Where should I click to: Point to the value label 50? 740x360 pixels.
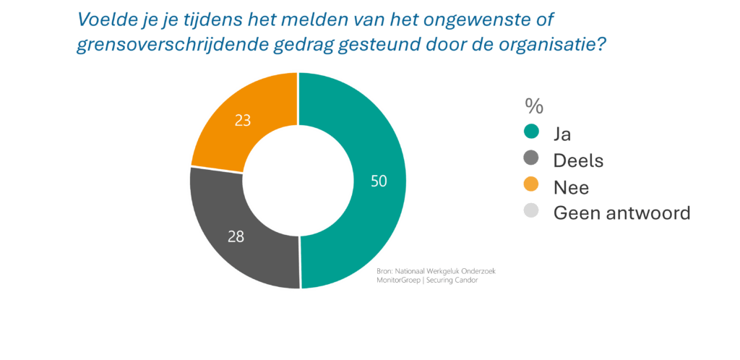point(378,181)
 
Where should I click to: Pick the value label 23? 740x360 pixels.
point(243,120)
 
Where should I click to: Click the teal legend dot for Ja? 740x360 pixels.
point(531,132)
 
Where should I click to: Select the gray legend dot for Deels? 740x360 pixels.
point(531,159)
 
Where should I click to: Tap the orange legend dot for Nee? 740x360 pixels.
point(531,186)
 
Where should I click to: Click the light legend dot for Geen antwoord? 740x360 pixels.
point(531,213)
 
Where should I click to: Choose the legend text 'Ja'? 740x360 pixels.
point(562,133)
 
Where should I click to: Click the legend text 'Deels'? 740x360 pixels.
point(578,160)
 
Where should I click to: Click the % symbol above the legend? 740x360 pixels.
point(534,106)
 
